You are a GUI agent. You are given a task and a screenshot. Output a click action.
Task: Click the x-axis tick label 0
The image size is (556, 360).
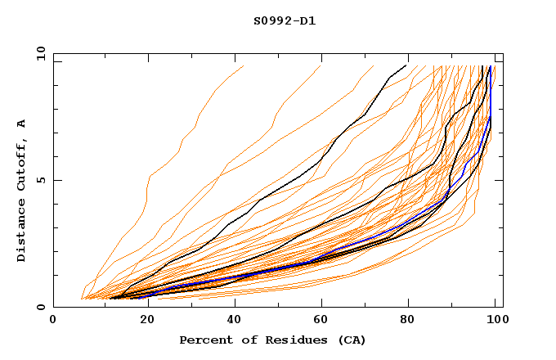coord(53,321)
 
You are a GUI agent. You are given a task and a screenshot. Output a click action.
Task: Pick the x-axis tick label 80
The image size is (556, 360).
coord(409,321)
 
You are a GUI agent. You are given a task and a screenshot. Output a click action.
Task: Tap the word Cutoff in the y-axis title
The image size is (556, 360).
coord(22,163)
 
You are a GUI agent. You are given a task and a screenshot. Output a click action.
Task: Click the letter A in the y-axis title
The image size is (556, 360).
coord(22,124)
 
